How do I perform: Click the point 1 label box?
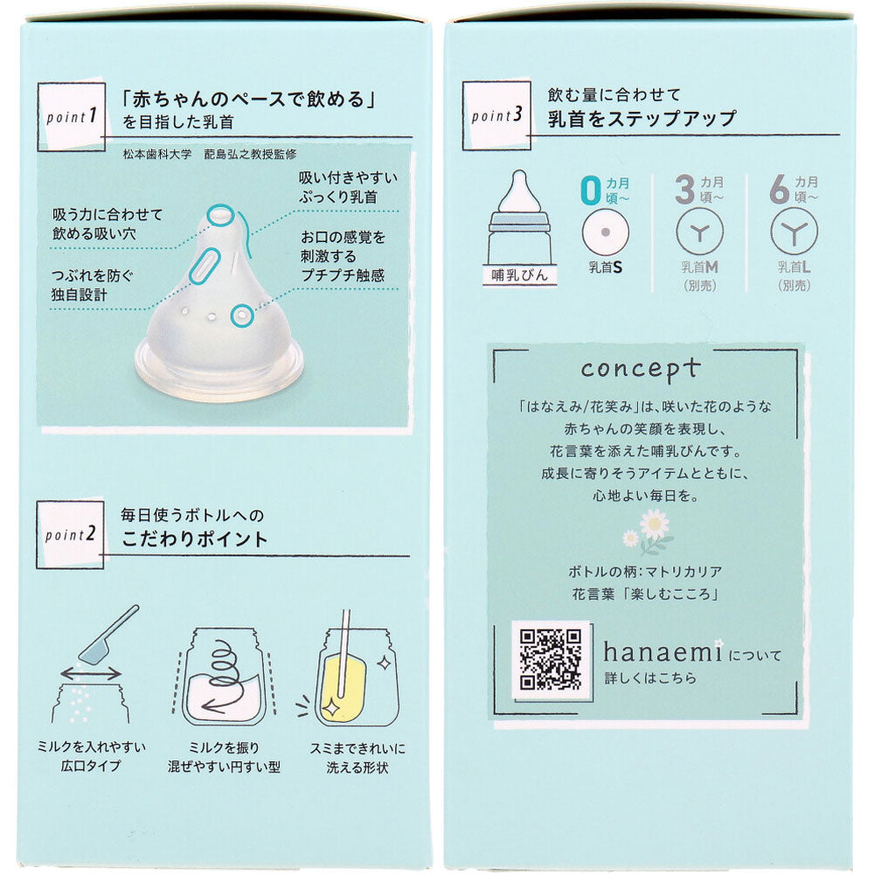pos(72,117)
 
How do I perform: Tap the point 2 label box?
pos(70,535)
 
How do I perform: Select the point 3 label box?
pos(496,115)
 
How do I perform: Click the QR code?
pos(551,660)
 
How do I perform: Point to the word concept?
pos(640,369)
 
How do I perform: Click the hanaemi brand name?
pos(663,651)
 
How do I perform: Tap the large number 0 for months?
pos(590,190)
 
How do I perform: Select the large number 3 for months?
pos(684,190)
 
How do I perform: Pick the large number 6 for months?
pos(780,190)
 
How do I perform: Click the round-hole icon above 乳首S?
pos(606,232)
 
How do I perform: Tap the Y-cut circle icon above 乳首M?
pos(699,232)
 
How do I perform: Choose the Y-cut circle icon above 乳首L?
pos(794,232)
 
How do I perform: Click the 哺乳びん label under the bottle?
pos(519,274)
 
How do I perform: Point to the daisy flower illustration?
pos(649,533)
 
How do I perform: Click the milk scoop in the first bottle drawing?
pos(108,635)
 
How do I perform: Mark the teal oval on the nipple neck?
pos(204,266)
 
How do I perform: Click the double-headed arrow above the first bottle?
pos(91,674)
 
